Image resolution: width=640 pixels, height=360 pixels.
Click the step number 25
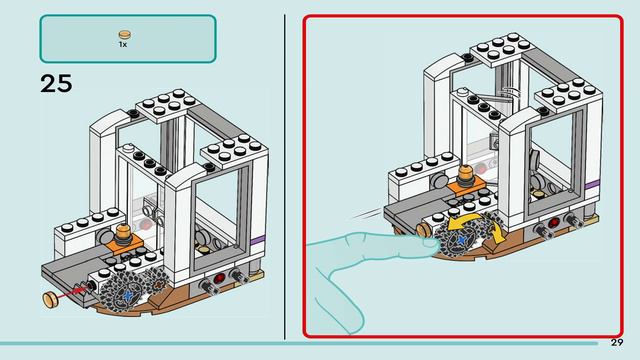click(56, 84)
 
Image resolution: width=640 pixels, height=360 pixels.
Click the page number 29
click(617, 342)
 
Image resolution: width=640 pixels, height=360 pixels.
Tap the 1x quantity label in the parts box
click(123, 44)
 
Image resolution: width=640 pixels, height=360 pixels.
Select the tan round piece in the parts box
click(125, 35)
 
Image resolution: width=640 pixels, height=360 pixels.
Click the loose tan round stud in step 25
click(51, 299)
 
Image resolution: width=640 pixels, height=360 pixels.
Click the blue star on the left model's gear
click(128, 295)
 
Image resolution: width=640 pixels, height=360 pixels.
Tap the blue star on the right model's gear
click(461, 240)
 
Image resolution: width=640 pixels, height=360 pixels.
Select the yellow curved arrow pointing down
click(498, 233)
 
